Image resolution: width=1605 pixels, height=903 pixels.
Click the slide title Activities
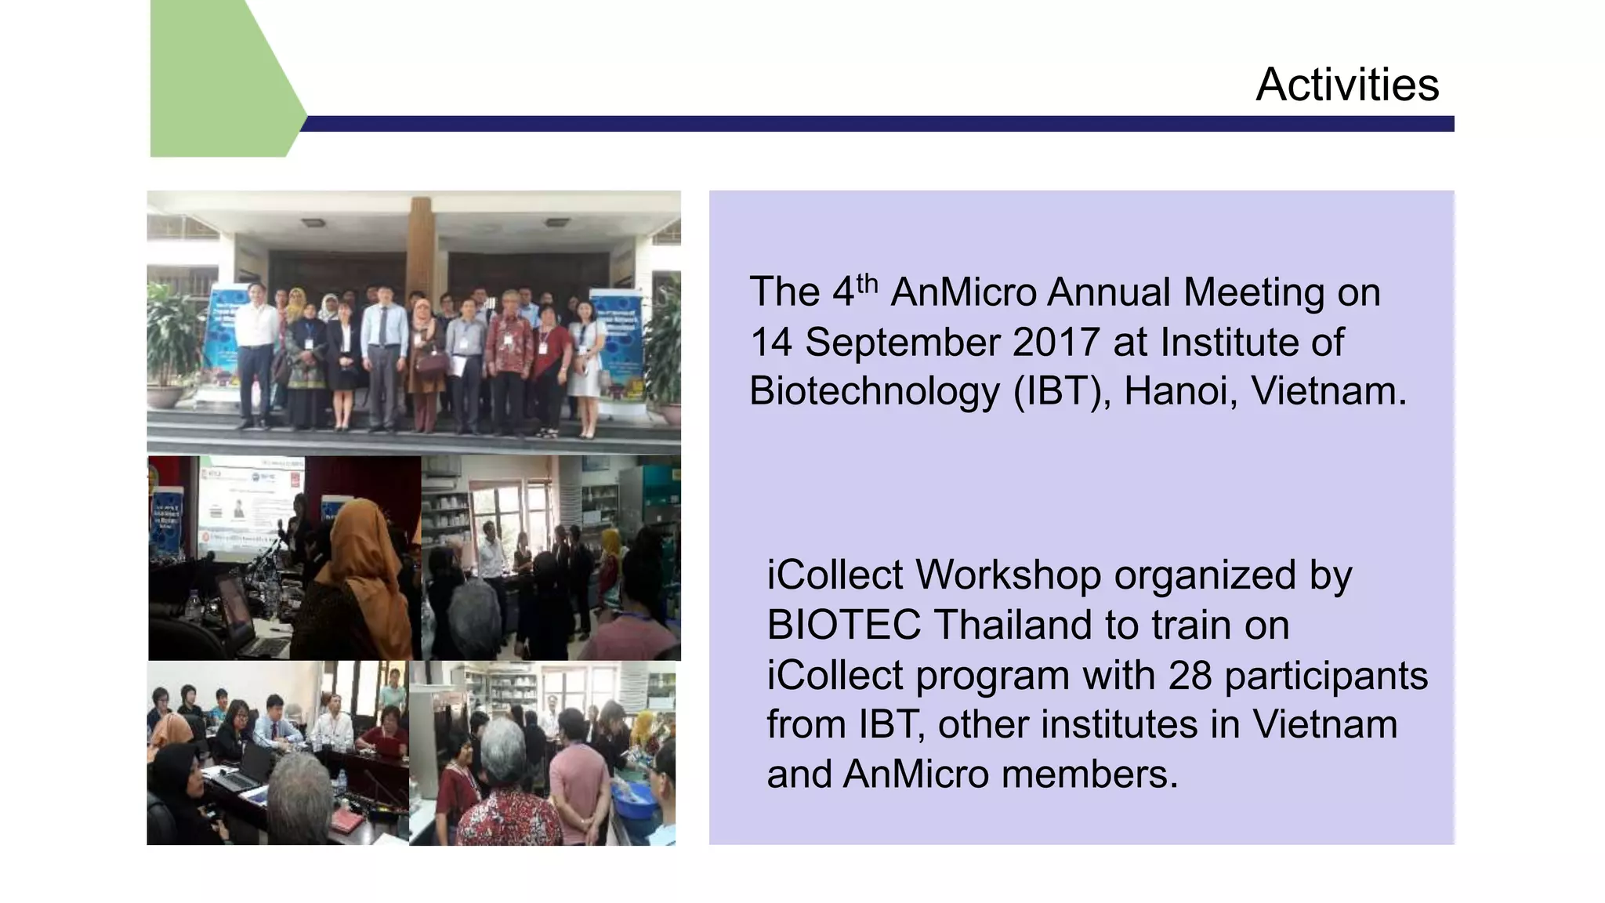tap(1346, 84)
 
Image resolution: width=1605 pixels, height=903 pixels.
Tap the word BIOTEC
tap(842, 626)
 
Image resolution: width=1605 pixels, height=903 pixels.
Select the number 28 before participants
tap(1190, 675)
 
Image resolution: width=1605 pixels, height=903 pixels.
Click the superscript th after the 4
tap(867, 282)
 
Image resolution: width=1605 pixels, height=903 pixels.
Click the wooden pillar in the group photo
tap(420, 243)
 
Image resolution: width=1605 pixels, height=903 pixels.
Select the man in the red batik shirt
tap(509, 353)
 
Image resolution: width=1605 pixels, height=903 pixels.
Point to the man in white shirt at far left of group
tap(255, 345)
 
